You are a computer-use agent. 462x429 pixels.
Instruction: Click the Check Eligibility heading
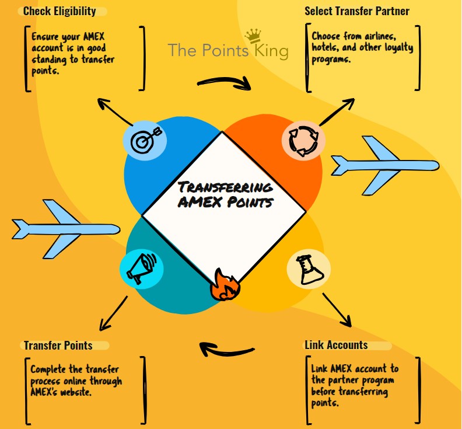(60, 12)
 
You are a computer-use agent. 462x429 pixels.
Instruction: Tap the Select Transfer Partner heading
(357, 12)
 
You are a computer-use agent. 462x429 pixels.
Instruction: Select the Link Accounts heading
(336, 345)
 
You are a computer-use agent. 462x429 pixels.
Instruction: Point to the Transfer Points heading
(58, 346)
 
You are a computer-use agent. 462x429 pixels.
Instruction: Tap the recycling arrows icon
(299, 140)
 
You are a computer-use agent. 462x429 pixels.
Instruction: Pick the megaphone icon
(139, 268)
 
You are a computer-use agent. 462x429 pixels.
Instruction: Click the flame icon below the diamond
(222, 285)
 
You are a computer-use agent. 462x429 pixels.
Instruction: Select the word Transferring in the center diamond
(225, 187)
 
